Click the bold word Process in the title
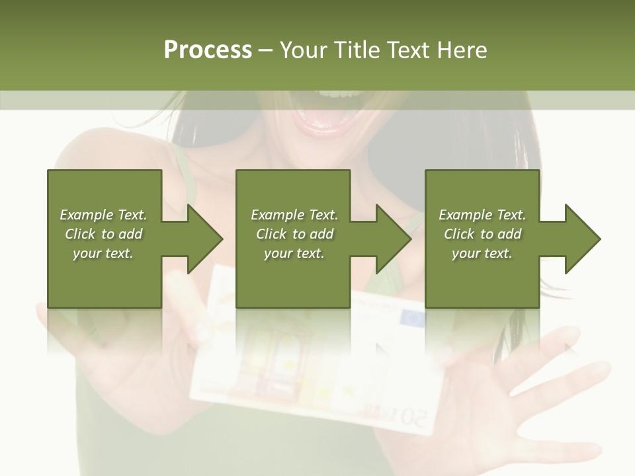(208, 50)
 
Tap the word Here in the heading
(462, 50)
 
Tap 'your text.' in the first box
(103, 253)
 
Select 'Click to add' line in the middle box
(294, 234)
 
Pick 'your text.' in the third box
(482, 253)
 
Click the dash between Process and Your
(266, 50)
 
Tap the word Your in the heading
(305, 50)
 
